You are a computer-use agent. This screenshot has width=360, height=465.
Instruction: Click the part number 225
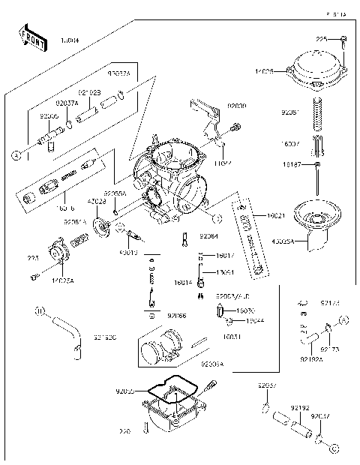pyautogui.click(x=321, y=38)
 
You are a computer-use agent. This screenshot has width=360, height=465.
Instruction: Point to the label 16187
pyautogui.click(x=292, y=163)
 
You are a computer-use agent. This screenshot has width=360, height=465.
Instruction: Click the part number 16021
pyautogui.click(x=275, y=215)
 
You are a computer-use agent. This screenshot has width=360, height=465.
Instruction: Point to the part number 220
pyautogui.click(x=124, y=431)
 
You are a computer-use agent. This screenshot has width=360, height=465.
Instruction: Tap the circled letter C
pyautogui.click(x=217, y=218)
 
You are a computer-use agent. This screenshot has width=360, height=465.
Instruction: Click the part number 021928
pyautogui.click(x=89, y=92)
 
